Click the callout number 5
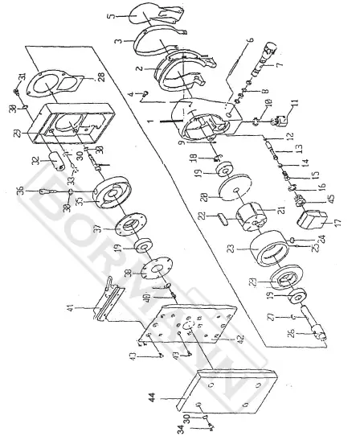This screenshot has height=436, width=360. pos(110,15)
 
